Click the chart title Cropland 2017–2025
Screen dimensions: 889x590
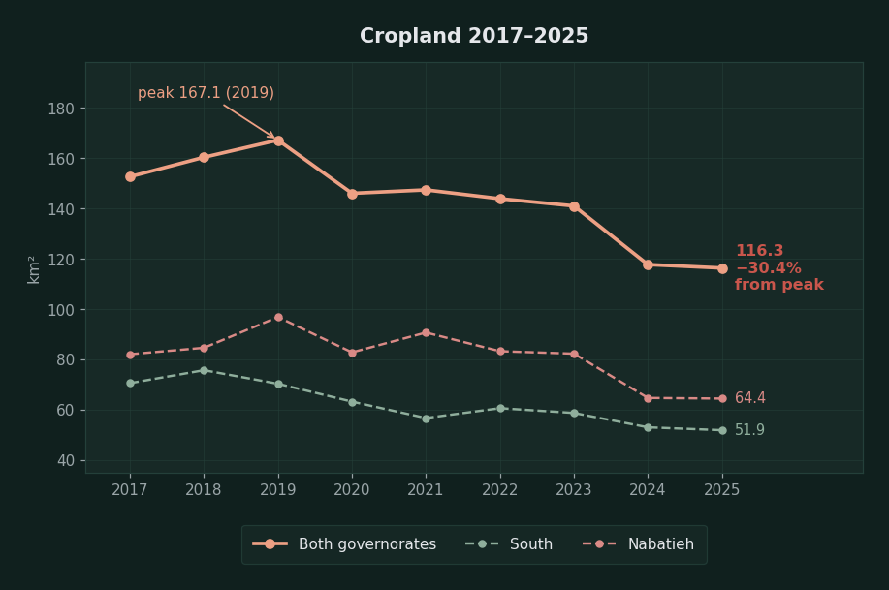click(x=474, y=36)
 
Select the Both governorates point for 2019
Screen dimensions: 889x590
click(x=278, y=140)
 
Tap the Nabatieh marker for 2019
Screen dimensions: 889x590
click(x=278, y=318)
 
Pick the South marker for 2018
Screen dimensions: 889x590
click(x=205, y=370)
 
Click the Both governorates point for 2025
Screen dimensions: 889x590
click(x=722, y=268)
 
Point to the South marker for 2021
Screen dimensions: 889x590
click(x=426, y=419)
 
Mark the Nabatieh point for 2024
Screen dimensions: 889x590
click(x=648, y=398)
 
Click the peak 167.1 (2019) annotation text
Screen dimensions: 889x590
click(x=206, y=93)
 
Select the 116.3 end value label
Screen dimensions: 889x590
click(x=760, y=251)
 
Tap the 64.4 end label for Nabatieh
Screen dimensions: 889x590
click(x=750, y=398)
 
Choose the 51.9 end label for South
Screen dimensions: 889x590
click(x=749, y=430)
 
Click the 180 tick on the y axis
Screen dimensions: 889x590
click(x=61, y=109)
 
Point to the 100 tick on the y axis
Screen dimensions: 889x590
click(x=61, y=310)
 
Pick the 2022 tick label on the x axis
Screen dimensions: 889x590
click(x=499, y=489)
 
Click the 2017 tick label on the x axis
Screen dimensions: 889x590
click(x=129, y=489)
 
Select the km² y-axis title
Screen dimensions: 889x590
click(x=34, y=269)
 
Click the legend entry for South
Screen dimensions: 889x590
click(x=509, y=544)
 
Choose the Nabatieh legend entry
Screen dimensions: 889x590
click(x=638, y=544)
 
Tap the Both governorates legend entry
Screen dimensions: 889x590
click(x=344, y=544)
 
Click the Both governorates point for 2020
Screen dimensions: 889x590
click(x=352, y=194)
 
